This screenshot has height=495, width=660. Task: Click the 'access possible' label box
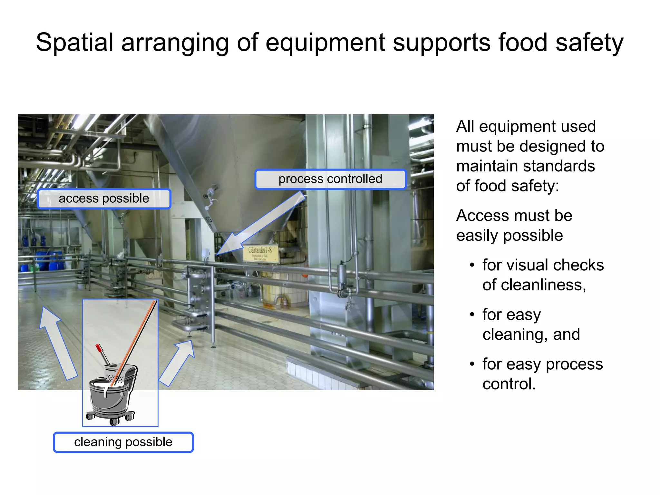(104, 199)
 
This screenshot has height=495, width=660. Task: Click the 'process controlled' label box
(330, 179)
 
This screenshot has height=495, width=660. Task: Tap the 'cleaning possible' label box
(123, 442)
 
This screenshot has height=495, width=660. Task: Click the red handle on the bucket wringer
(99, 348)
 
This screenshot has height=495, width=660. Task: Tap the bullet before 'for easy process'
(472, 364)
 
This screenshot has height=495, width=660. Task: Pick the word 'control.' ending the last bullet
(509, 384)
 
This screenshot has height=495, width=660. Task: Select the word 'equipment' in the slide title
(325, 43)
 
